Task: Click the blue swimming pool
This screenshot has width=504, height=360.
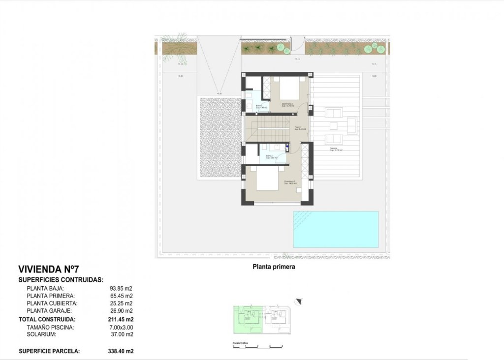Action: (x=336, y=229)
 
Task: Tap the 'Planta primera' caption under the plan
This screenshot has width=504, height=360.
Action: (x=274, y=267)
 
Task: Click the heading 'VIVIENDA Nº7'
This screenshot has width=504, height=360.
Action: (x=48, y=269)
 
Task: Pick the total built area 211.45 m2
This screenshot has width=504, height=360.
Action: (x=121, y=319)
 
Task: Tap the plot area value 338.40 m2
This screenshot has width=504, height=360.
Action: (x=121, y=351)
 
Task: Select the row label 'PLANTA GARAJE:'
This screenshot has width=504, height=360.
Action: (x=49, y=311)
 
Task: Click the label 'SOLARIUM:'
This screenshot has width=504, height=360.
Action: (x=41, y=334)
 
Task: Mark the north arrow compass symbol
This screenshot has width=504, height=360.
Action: (x=298, y=301)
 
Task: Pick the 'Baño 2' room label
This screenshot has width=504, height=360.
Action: (x=270, y=156)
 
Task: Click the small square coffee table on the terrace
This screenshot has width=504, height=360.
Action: (x=352, y=124)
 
